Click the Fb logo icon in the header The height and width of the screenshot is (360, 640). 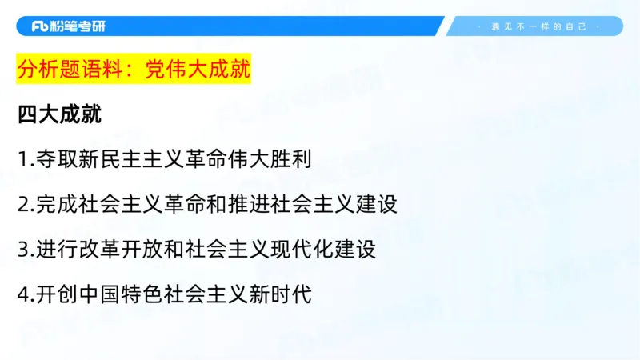[40, 26]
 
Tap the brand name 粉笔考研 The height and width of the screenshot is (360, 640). [78, 26]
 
